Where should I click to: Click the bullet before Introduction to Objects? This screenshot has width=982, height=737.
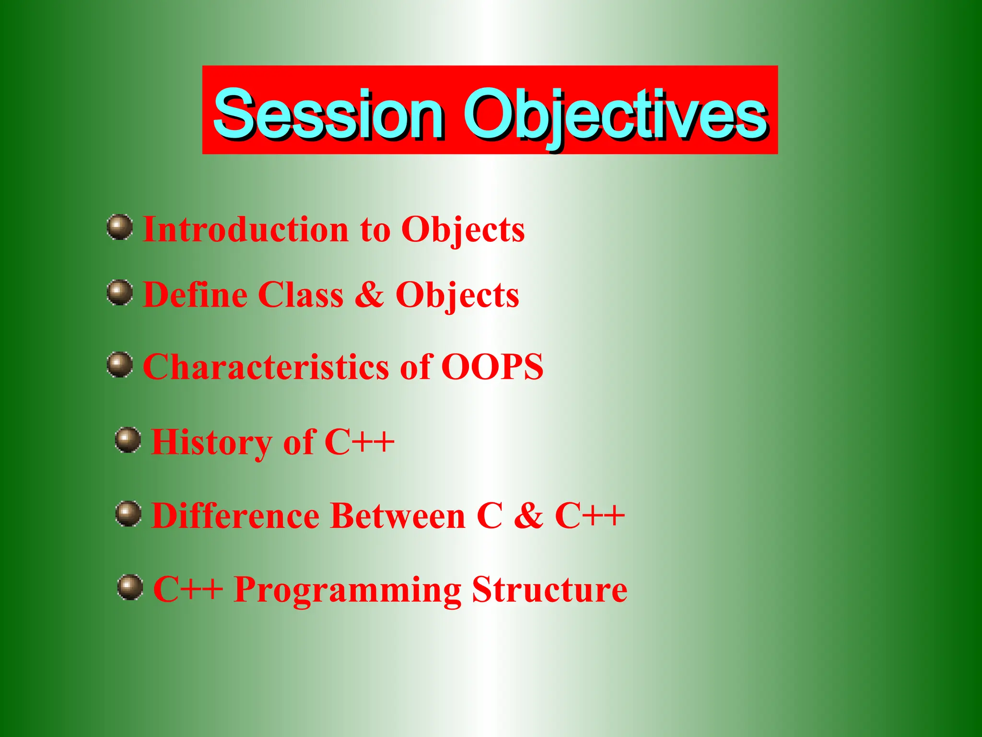click(120, 227)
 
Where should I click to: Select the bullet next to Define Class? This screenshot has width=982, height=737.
click(120, 293)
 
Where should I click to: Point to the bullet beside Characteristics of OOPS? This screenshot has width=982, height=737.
click(120, 365)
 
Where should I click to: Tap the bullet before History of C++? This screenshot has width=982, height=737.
click(128, 440)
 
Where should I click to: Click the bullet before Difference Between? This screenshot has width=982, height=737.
click(129, 514)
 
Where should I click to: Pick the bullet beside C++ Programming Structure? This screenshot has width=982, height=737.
click(130, 587)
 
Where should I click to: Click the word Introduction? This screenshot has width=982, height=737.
click(245, 229)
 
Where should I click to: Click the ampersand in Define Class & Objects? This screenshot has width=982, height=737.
click(369, 295)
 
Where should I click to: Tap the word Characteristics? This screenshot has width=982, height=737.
click(266, 367)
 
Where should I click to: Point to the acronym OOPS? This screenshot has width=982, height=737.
click(492, 367)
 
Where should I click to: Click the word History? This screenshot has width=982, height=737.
click(211, 442)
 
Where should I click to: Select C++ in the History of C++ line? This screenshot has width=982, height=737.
click(359, 442)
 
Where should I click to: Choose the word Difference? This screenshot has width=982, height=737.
click(235, 516)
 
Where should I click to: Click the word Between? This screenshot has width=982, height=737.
click(398, 516)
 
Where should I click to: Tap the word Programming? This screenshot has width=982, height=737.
click(348, 590)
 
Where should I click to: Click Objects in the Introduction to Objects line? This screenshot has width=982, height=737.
click(463, 230)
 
